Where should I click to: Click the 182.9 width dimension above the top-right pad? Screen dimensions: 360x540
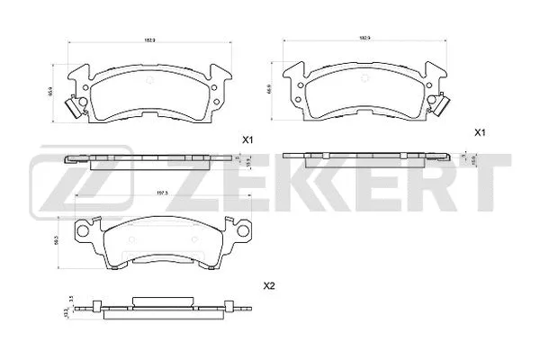coord(365,40)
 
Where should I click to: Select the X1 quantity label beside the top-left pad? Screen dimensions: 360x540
coord(248,139)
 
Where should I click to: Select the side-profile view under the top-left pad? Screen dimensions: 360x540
coord(148,158)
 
